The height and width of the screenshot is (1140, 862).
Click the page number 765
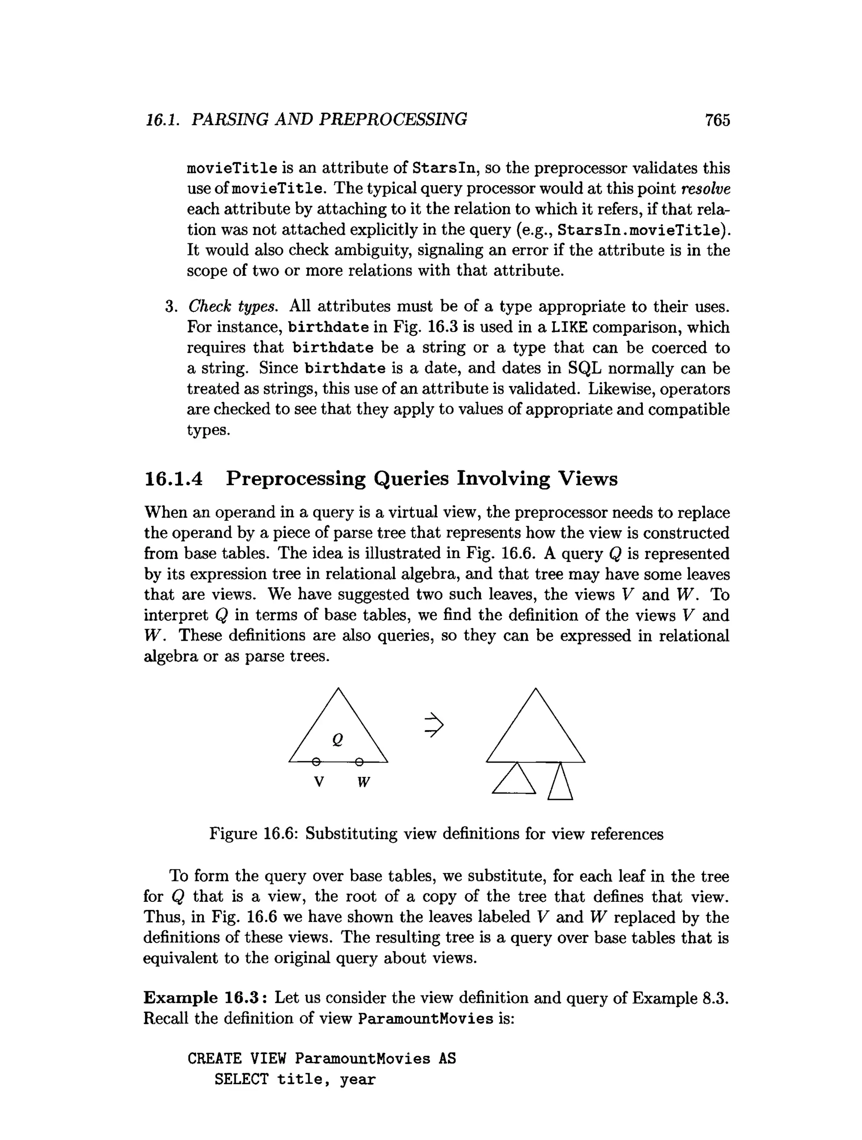[717, 120]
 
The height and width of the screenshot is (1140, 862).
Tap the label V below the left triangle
[319, 782]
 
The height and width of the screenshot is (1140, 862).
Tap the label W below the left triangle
[364, 782]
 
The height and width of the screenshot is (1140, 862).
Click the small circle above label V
[317, 762]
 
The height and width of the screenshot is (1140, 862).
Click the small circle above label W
[359, 762]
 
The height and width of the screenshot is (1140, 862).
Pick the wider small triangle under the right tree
[514, 780]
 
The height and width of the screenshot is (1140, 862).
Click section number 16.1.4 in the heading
[173, 479]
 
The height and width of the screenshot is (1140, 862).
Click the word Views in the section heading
[588, 479]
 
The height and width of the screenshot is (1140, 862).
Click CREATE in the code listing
[214, 1059]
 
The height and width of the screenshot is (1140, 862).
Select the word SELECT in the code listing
[241, 1079]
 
